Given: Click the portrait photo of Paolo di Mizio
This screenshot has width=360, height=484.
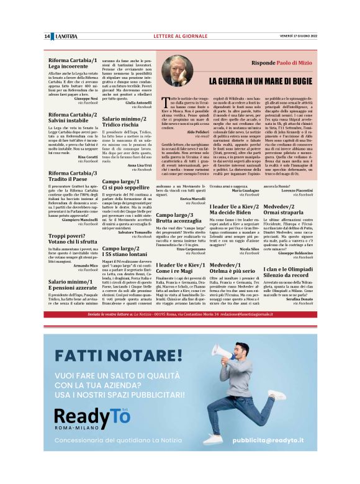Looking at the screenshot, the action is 178,71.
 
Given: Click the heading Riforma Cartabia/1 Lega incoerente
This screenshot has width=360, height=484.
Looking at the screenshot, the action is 73,63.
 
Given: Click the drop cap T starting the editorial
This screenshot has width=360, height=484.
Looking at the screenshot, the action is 164,103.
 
